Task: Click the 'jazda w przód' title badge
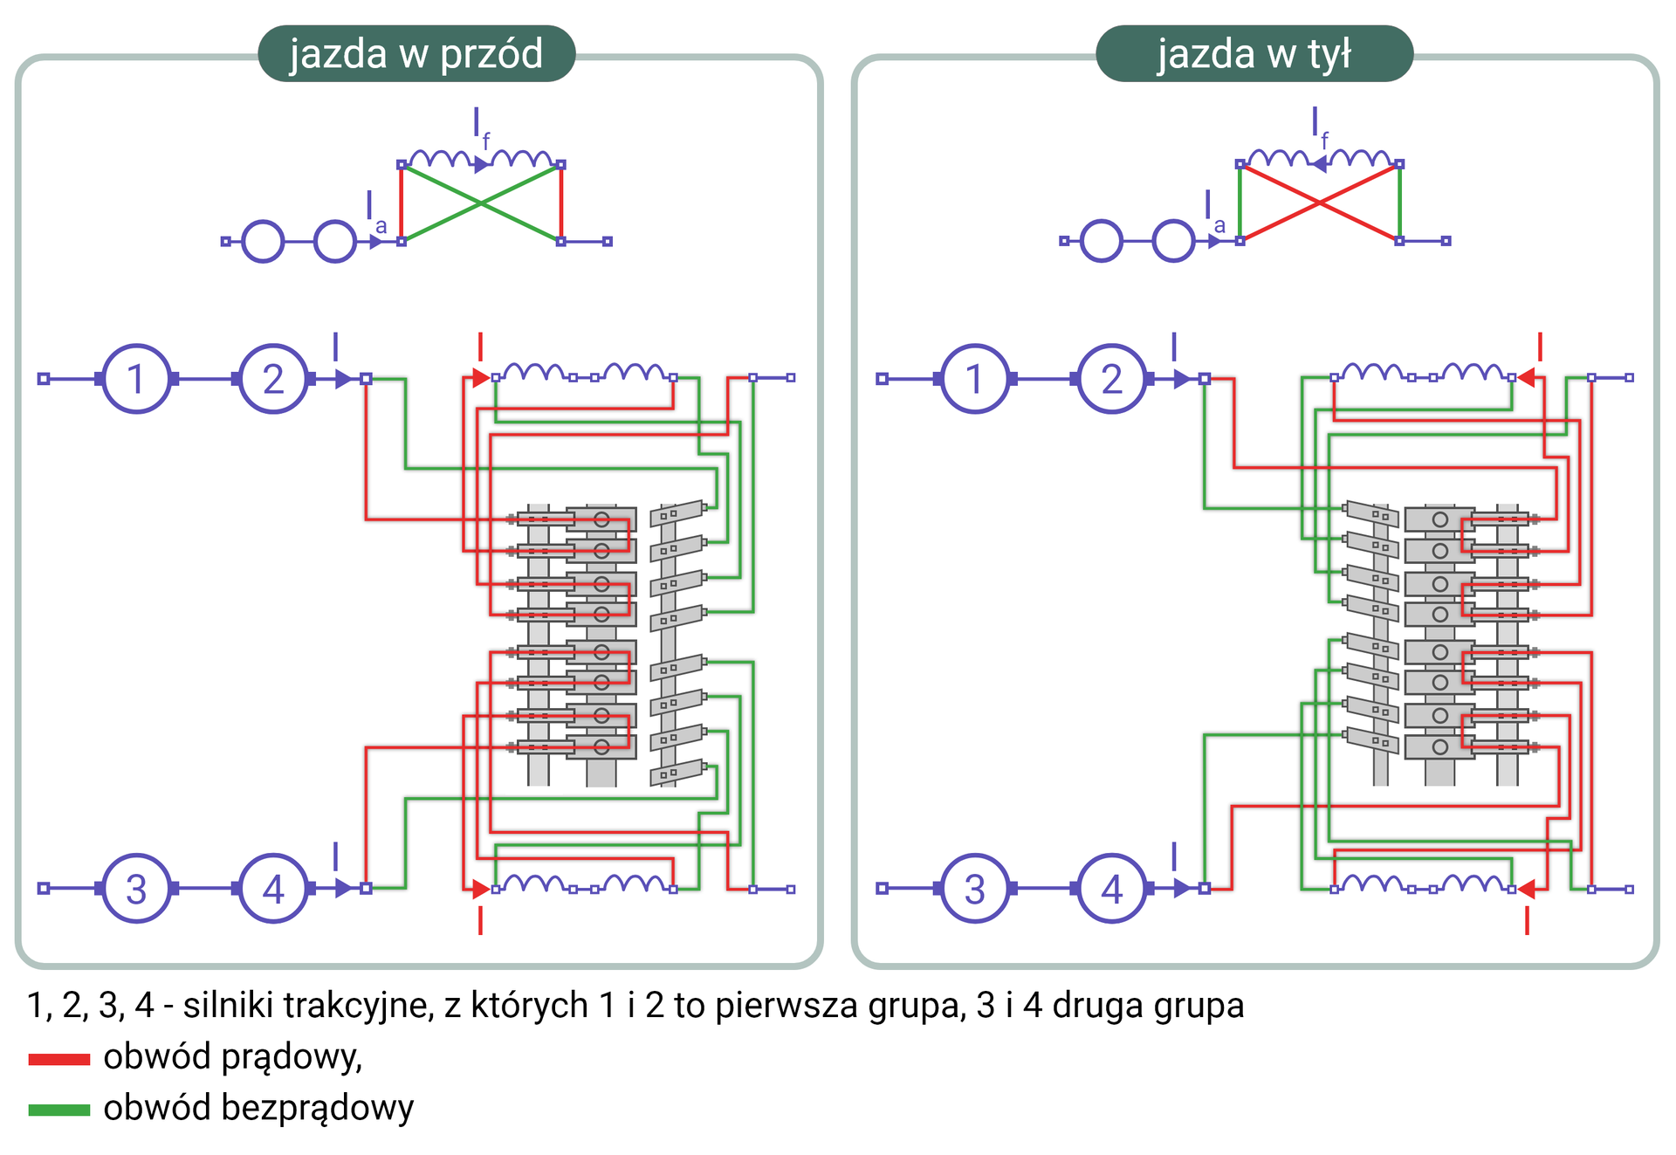(x=416, y=53)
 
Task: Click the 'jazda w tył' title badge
(x=1254, y=53)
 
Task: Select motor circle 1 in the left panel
(x=136, y=379)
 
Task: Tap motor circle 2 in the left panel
(x=273, y=379)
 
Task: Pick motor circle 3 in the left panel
(x=136, y=889)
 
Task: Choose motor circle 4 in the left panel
(x=273, y=889)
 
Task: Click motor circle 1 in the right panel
(x=974, y=379)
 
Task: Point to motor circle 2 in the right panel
(x=1111, y=379)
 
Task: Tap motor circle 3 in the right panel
(x=974, y=889)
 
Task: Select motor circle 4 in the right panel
(x=1111, y=889)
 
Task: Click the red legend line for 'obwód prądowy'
(x=59, y=1059)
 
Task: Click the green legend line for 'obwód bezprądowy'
(x=59, y=1110)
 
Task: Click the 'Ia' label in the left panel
(x=375, y=211)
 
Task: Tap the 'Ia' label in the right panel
(x=1214, y=211)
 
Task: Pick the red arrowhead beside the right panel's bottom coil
(x=1527, y=890)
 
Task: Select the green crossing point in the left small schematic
(x=481, y=203)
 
